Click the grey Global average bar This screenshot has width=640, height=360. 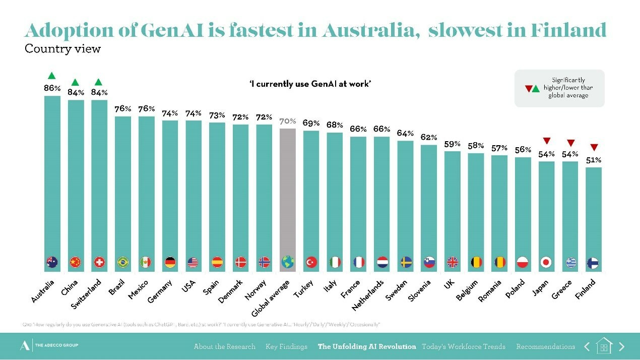point(287,197)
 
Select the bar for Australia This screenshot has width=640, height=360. point(52,176)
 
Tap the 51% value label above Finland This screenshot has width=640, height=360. point(594,160)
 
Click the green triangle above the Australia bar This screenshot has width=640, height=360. point(51,76)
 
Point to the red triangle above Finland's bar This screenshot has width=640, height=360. point(594,148)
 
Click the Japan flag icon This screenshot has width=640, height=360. point(546,262)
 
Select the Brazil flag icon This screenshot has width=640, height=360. point(122,262)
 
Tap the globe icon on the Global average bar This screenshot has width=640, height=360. point(287,262)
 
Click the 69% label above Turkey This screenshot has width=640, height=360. point(311,123)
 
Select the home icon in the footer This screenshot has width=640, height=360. point(604,346)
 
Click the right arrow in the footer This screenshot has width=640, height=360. point(621,346)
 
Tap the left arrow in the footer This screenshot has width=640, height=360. point(587,346)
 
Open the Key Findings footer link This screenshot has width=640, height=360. point(286,346)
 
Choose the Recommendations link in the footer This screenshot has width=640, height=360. point(545,346)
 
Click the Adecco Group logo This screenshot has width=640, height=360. point(49,345)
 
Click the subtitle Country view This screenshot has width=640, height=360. point(62,49)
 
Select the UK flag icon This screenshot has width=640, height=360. point(453,262)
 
